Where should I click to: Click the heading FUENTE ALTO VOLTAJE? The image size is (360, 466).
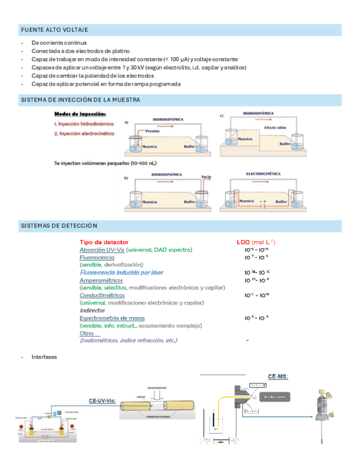[54, 30]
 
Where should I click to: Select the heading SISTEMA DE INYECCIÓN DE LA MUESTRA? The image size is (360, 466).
[80, 100]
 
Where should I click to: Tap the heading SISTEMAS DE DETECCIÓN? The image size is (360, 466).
[59, 226]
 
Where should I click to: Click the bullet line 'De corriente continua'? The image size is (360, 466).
[59, 42]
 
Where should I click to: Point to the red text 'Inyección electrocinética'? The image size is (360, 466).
[85, 134]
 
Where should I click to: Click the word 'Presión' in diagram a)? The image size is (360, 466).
[153, 131]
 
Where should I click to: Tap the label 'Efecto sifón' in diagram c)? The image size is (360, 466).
[275, 127]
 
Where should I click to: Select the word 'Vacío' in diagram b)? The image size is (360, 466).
[206, 176]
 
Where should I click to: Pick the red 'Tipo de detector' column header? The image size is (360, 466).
[104, 242]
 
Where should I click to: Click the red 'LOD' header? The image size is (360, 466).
[242, 242]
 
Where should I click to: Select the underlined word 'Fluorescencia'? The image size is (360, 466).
[97, 257]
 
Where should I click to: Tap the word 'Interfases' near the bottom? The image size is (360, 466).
[44, 357]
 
